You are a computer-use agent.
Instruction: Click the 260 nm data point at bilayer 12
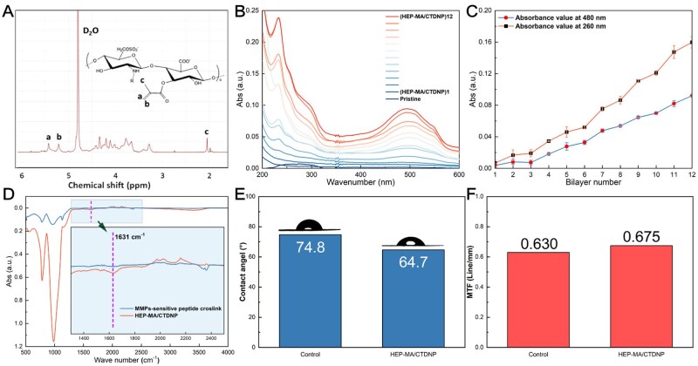click(x=692, y=43)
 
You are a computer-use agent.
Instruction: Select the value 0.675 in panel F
click(x=647, y=237)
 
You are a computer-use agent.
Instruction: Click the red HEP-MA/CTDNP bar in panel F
click(x=647, y=296)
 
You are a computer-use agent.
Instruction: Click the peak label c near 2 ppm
click(x=207, y=132)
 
